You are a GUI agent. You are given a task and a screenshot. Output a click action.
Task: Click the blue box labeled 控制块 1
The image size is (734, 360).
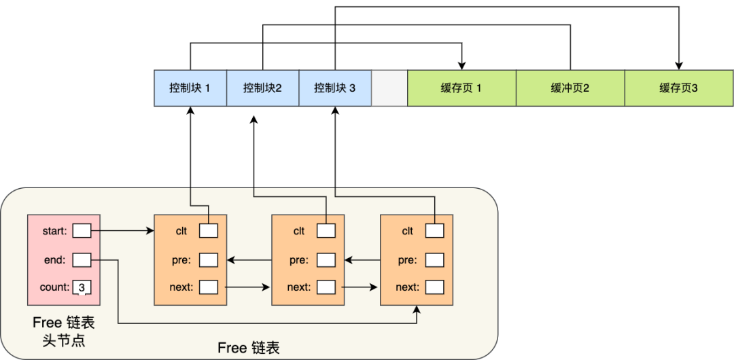(190, 88)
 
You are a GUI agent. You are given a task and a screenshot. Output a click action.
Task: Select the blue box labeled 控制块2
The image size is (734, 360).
(262, 88)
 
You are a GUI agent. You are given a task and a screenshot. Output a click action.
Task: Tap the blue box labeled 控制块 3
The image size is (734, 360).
(334, 88)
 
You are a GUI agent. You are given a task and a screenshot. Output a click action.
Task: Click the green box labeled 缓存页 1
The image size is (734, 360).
(461, 88)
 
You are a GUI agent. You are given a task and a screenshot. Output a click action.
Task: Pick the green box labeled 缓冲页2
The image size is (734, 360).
(570, 88)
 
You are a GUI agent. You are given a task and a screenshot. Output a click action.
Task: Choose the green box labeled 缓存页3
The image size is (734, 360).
(678, 88)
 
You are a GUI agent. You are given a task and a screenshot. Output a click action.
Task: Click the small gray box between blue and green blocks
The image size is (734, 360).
(389, 88)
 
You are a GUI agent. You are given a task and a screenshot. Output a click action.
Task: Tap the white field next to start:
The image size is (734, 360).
(82, 231)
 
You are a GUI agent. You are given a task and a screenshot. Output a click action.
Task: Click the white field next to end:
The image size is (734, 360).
(82, 259)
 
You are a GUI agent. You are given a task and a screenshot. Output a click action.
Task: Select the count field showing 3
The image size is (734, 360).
(82, 287)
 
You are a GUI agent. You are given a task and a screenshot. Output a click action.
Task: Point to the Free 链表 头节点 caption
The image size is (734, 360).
(64, 331)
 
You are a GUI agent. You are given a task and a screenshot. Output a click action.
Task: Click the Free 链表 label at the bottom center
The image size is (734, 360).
(249, 348)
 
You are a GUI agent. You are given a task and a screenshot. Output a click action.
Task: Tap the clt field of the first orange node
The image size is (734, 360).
(209, 231)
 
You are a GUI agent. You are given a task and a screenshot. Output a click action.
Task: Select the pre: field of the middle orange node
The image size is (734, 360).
(326, 259)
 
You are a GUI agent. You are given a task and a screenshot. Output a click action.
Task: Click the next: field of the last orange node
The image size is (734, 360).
(435, 287)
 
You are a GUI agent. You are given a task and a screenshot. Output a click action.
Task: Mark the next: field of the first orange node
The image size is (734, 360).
(209, 287)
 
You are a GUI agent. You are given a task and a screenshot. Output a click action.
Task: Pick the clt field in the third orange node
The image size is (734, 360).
(435, 231)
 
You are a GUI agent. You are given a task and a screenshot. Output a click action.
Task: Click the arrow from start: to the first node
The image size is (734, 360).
(122, 231)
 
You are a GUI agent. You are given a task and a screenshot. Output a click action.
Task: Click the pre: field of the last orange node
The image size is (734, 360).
(435, 259)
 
